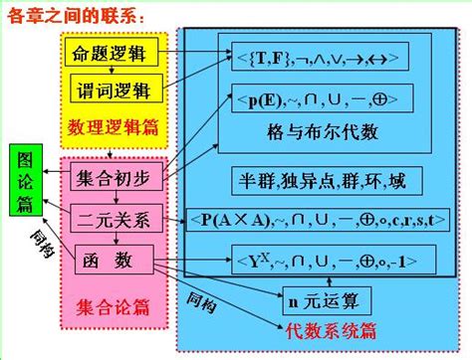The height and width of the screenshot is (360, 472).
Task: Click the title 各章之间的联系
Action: point(76,17)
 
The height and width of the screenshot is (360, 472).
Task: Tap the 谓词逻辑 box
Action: point(112,90)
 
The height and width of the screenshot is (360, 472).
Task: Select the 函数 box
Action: point(113,258)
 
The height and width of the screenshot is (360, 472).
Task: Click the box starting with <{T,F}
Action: point(314,58)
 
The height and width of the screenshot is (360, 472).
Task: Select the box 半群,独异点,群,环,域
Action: point(316,181)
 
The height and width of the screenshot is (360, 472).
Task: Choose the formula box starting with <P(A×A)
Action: point(326,219)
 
